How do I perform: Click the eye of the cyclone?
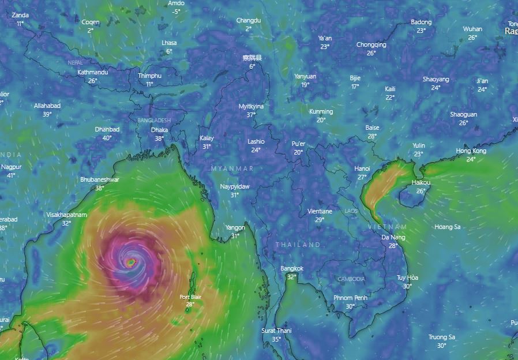pos(131,262)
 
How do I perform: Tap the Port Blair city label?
pos(190,297)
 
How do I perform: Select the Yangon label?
pos(235,227)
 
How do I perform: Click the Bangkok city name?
pos(292,268)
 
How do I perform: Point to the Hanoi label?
pos(362,168)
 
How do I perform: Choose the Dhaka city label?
pos(159,130)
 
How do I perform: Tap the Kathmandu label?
pos(92,72)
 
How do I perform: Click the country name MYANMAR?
pos(232,168)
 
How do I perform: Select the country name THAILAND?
pos(298,245)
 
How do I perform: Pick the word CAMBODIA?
pos(351,279)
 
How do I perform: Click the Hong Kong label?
pos(471,151)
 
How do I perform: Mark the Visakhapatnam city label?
pos(66,215)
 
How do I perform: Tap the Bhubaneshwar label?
pos(100,179)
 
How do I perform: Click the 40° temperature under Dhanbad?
pos(107,138)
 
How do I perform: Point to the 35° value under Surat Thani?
pos(276,339)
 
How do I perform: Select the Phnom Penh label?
pos(350,298)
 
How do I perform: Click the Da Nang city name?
pos(393,237)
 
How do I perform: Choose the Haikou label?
pos(421,182)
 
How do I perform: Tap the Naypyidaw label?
pos(235,186)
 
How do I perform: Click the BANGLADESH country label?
pos(154,120)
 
